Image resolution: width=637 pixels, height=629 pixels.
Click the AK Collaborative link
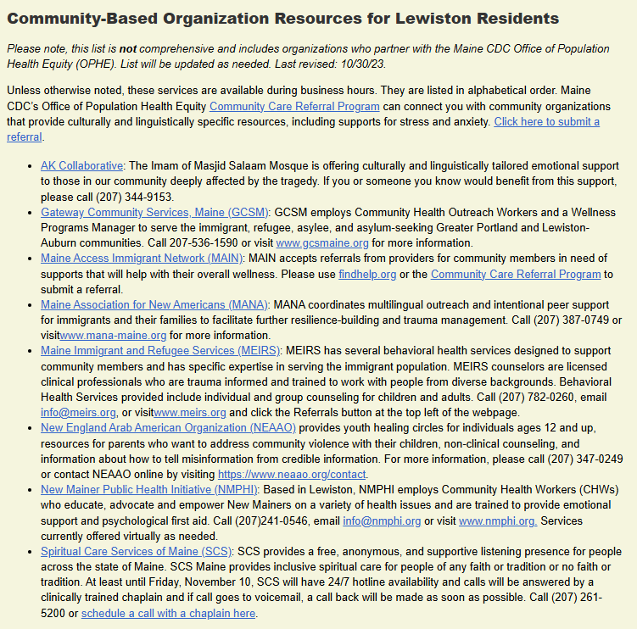(x=81, y=165)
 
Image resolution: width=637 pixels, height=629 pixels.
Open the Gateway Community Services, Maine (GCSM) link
(x=154, y=212)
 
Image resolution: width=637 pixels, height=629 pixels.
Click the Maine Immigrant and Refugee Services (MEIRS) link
(x=161, y=350)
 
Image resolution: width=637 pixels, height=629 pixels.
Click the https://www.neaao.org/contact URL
(x=292, y=474)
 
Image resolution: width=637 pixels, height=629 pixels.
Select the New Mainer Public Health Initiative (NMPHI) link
(x=150, y=489)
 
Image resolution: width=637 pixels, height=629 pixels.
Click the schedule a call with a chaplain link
(x=168, y=613)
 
